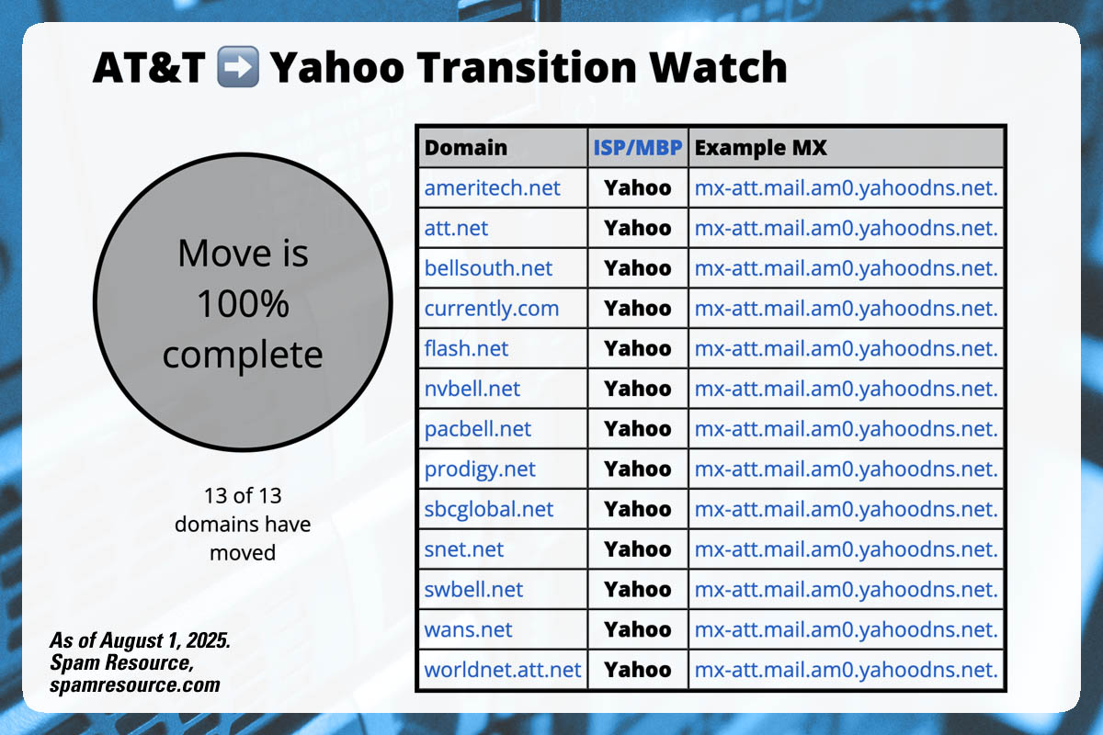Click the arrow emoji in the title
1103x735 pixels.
point(238,68)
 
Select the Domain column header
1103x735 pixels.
point(466,147)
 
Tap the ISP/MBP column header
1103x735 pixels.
point(638,147)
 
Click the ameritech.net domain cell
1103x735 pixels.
point(492,187)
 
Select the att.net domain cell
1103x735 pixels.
point(457,228)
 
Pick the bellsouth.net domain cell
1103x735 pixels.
point(488,268)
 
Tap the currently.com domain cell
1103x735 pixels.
point(491,309)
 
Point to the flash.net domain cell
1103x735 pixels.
point(466,349)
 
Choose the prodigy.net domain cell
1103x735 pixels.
point(480,469)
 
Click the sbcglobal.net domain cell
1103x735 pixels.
point(489,509)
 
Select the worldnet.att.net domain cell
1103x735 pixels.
point(503,670)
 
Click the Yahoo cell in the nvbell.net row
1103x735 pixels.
point(638,389)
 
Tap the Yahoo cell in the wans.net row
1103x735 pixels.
point(638,629)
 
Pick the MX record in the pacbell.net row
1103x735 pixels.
point(846,429)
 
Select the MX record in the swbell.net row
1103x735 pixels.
point(846,589)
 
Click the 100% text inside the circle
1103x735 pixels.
point(243,304)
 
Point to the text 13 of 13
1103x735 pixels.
point(243,496)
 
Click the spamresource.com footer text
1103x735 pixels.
point(134,684)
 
